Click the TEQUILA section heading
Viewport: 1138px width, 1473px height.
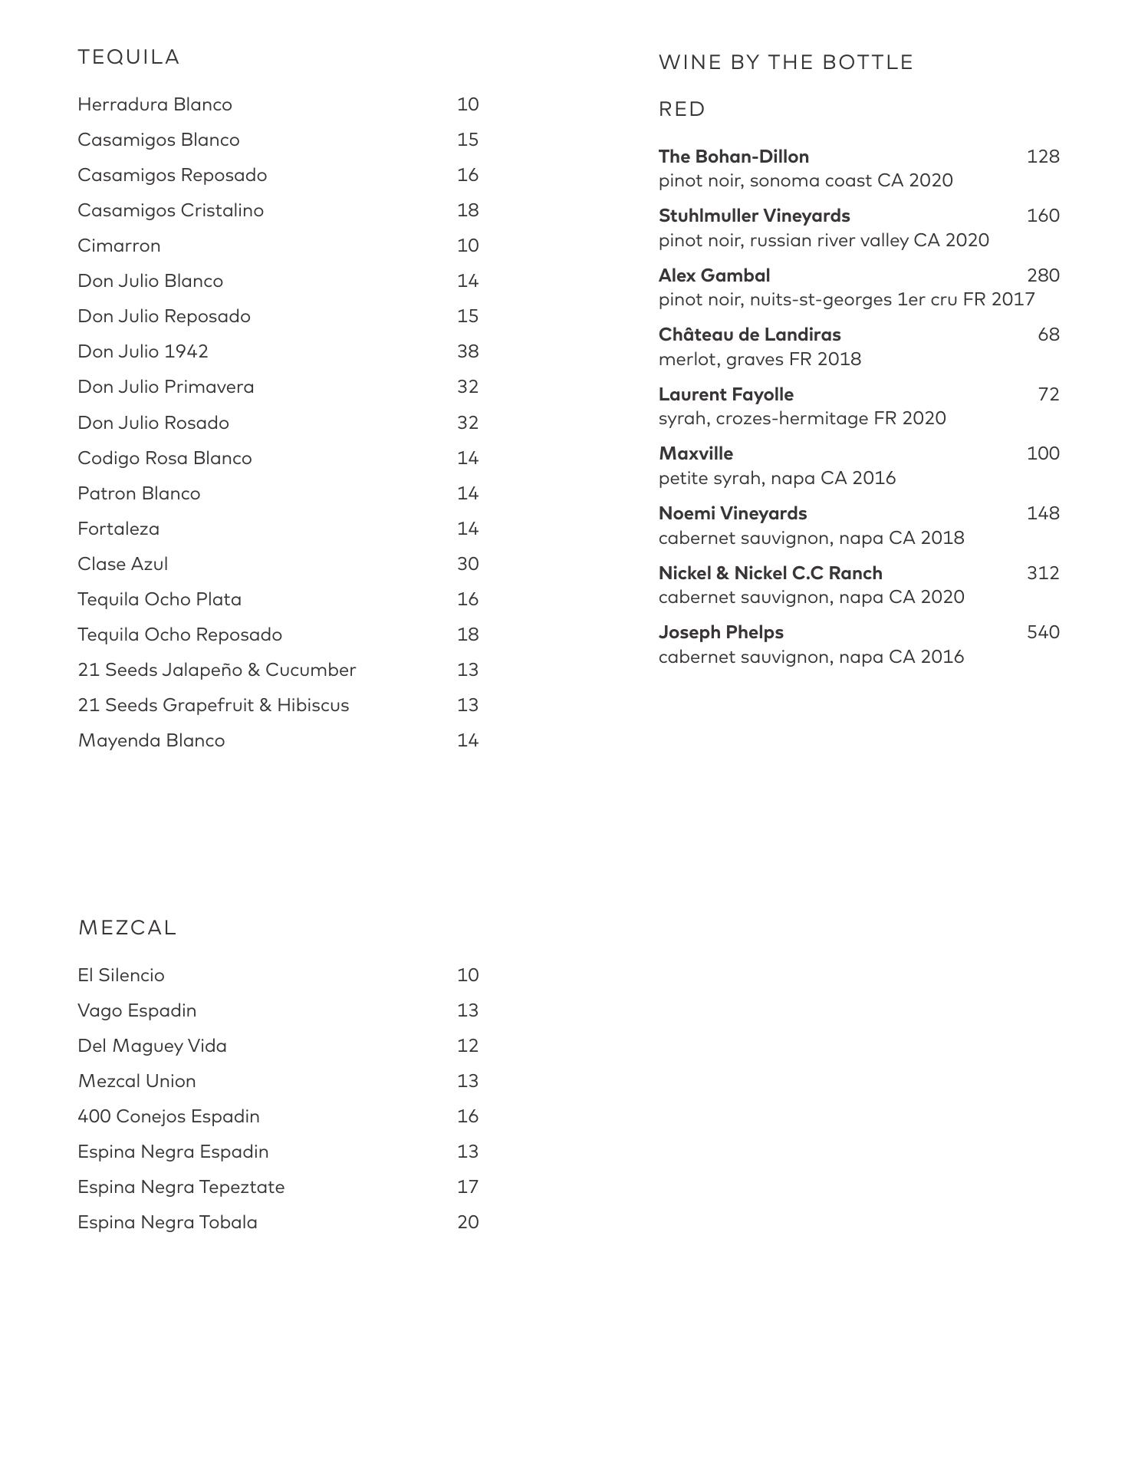coord(129,58)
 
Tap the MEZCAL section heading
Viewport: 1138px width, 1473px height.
coord(127,928)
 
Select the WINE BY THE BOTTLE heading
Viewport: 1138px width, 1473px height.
coord(785,62)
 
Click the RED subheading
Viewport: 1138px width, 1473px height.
coord(682,109)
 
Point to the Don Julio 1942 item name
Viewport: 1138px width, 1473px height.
coord(143,351)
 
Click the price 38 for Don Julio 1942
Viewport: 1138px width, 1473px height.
coord(468,351)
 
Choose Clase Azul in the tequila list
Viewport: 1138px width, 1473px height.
coord(123,564)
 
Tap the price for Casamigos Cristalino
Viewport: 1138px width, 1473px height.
coord(468,210)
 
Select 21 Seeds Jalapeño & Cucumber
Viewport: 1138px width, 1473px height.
coord(217,670)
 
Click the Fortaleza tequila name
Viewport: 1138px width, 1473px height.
coord(119,529)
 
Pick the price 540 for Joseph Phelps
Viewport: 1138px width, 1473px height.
coord(1043,632)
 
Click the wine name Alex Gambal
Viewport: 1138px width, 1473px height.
coord(714,275)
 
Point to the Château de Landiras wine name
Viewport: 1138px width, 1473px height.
coord(749,334)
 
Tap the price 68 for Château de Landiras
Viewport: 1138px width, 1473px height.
coord(1048,334)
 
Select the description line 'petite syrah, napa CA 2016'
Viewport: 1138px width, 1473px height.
coord(777,478)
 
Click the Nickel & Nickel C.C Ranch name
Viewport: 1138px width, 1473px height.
coord(770,573)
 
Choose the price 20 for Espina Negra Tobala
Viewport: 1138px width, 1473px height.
coord(468,1222)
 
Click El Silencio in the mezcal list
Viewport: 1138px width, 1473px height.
coord(121,975)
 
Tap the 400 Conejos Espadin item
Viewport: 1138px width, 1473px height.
coord(169,1116)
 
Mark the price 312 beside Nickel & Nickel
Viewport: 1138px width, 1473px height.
coord(1043,573)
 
